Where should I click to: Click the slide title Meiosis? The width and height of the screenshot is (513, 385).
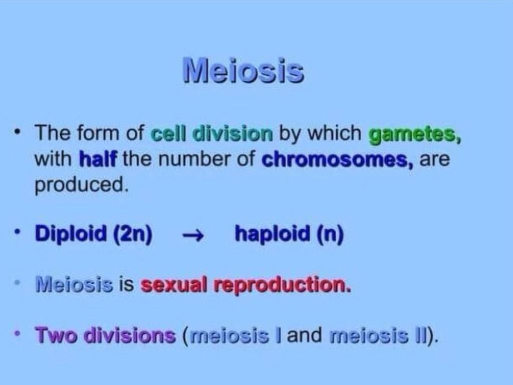pyautogui.click(x=243, y=70)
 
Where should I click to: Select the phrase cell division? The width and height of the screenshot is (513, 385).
pyautogui.click(x=212, y=134)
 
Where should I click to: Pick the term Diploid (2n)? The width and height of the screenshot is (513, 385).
pyautogui.click(x=94, y=234)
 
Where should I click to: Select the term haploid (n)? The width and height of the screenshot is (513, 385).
pyautogui.click(x=289, y=234)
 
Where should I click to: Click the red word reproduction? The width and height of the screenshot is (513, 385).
pyautogui.click(x=282, y=285)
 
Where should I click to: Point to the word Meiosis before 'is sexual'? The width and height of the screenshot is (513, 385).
pyautogui.click(x=74, y=285)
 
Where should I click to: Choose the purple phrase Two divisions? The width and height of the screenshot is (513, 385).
pyautogui.click(x=105, y=335)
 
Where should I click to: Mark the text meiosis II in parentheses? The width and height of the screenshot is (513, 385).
pyautogui.click(x=380, y=335)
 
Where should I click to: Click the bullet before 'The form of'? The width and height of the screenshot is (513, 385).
pyautogui.click(x=19, y=133)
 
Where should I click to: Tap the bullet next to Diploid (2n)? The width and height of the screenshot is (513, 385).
pyautogui.click(x=19, y=233)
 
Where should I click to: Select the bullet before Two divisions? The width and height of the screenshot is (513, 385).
pyautogui.click(x=19, y=334)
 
